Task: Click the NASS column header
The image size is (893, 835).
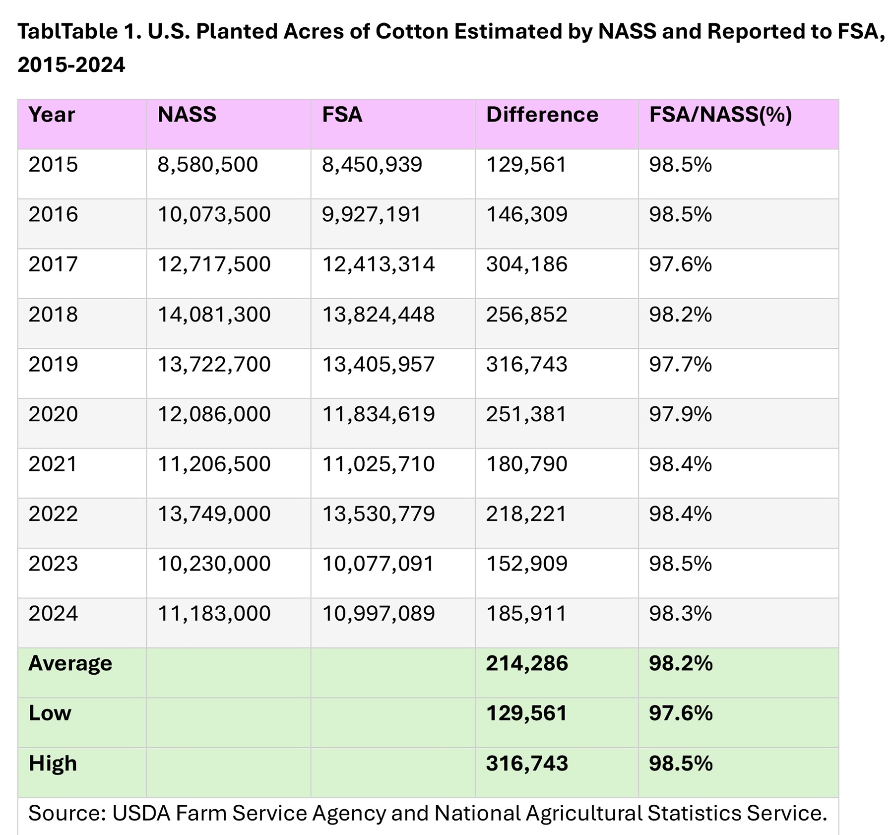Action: [x=187, y=115]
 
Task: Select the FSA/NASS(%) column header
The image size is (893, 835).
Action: [x=720, y=115]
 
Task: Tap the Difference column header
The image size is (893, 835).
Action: [x=542, y=115]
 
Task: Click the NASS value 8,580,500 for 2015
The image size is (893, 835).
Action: [x=207, y=165]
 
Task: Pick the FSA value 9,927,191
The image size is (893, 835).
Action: [x=372, y=214]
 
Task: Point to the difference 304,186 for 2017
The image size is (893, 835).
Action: [x=526, y=264]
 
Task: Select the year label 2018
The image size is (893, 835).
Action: [x=53, y=315]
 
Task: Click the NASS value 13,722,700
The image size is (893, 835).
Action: [x=214, y=365]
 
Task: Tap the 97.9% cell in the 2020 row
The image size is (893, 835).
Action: [x=680, y=414]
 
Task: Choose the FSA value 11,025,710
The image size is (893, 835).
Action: [x=378, y=464]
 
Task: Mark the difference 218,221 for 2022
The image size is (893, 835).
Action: [x=526, y=514]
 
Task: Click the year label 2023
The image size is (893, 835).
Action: [x=53, y=564]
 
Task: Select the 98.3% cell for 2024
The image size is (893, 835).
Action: [x=680, y=614]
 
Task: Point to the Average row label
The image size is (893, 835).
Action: [x=70, y=664]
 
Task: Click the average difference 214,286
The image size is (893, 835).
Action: [x=526, y=664]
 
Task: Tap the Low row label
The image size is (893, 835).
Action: [x=50, y=713]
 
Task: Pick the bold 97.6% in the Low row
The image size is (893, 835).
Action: [x=680, y=713]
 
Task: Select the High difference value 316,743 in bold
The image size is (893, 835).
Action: [x=526, y=764]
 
